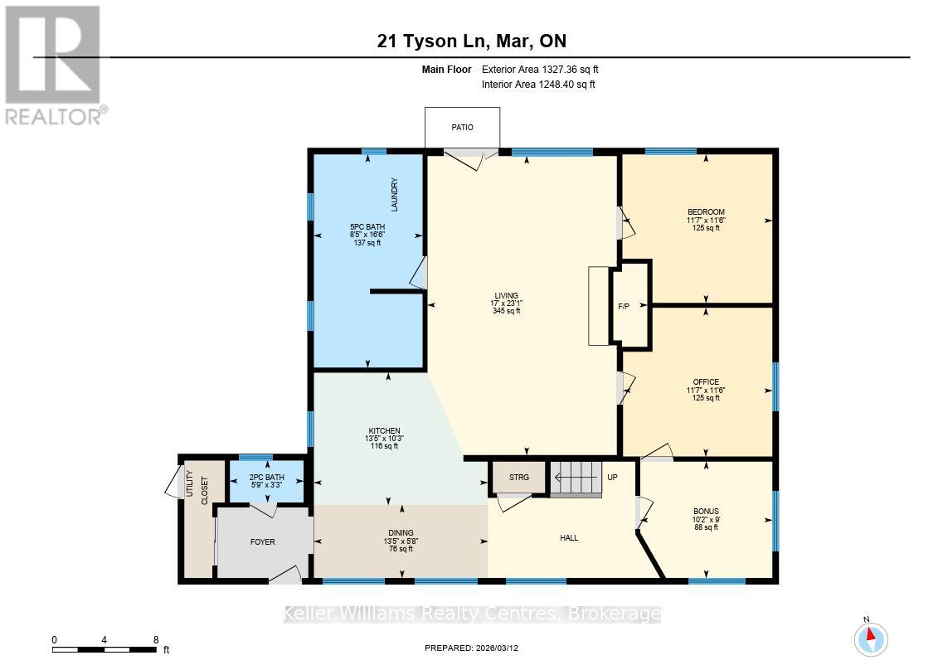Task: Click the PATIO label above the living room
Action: pyautogui.click(x=462, y=128)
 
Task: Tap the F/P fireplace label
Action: pyautogui.click(x=624, y=307)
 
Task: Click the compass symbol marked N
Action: pyautogui.click(x=871, y=639)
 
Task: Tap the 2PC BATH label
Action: pyautogui.click(x=267, y=478)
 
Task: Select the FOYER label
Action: pyautogui.click(x=263, y=542)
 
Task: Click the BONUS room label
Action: pyautogui.click(x=706, y=512)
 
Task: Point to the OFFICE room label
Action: pyautogui.click(x=706, y=382)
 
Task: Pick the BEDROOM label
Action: pyautogui.click(x=706, y=211)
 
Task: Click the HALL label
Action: pyautogui.click(x=569, y=538)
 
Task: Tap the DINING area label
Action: pyautogui.click(x=401, y=533)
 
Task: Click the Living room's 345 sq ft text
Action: pyautogui.click(x=506, y=311)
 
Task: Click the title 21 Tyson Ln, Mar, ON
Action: pyautogui.click(x=471, y=41)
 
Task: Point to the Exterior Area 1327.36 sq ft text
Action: pyautogui.click(x=538, y=70)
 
